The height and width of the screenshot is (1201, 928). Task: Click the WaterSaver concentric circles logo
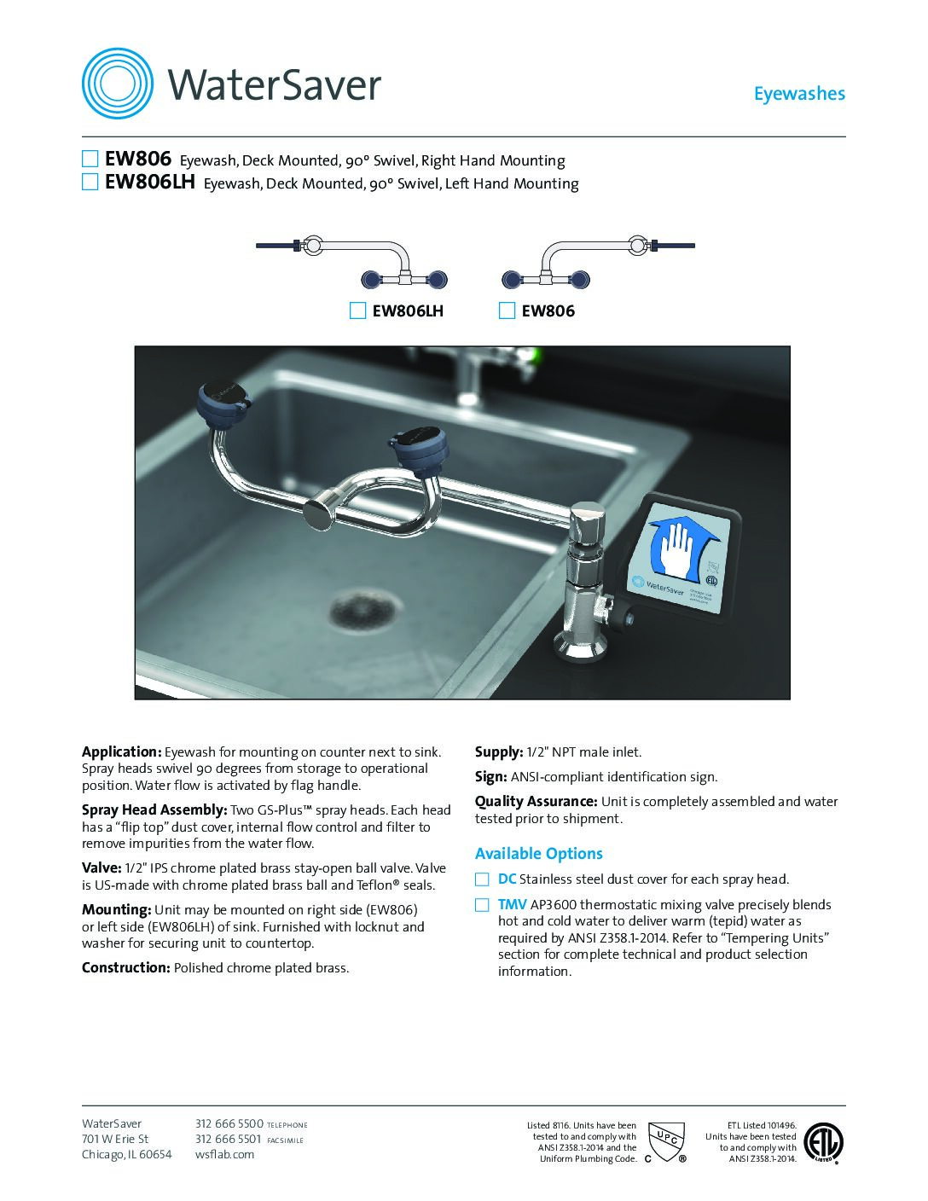click(118, 84)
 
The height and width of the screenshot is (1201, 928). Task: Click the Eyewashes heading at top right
click(798, 94)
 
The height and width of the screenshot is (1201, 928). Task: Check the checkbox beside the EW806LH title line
click(90, 182)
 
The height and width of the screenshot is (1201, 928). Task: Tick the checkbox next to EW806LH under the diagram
click(357, 310)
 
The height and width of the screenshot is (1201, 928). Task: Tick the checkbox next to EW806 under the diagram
click(507, 310)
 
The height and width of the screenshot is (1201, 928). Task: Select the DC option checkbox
click(483, 879)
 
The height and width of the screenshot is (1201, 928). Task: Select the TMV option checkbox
click(483, 905)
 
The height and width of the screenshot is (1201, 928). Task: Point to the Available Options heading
click(538, 854)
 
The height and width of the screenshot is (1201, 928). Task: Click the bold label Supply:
click(498, 752)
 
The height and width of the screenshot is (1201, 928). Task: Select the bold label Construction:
click(125, 968)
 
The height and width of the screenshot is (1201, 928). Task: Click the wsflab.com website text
click(225, 1155)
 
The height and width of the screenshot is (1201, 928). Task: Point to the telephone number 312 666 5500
click(229, 1124)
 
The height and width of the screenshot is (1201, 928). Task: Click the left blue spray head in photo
click(223, 400)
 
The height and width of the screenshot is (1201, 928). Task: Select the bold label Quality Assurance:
click(536, 802)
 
